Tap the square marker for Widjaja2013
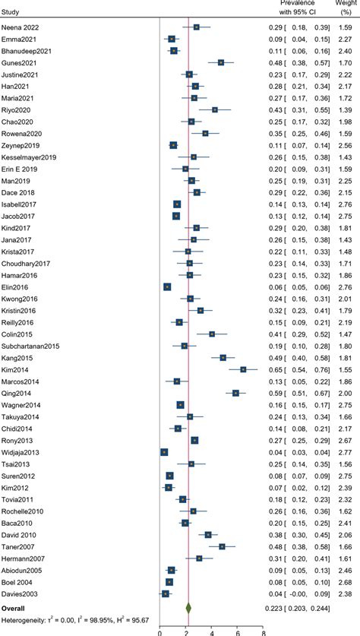(x=164, y=452)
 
